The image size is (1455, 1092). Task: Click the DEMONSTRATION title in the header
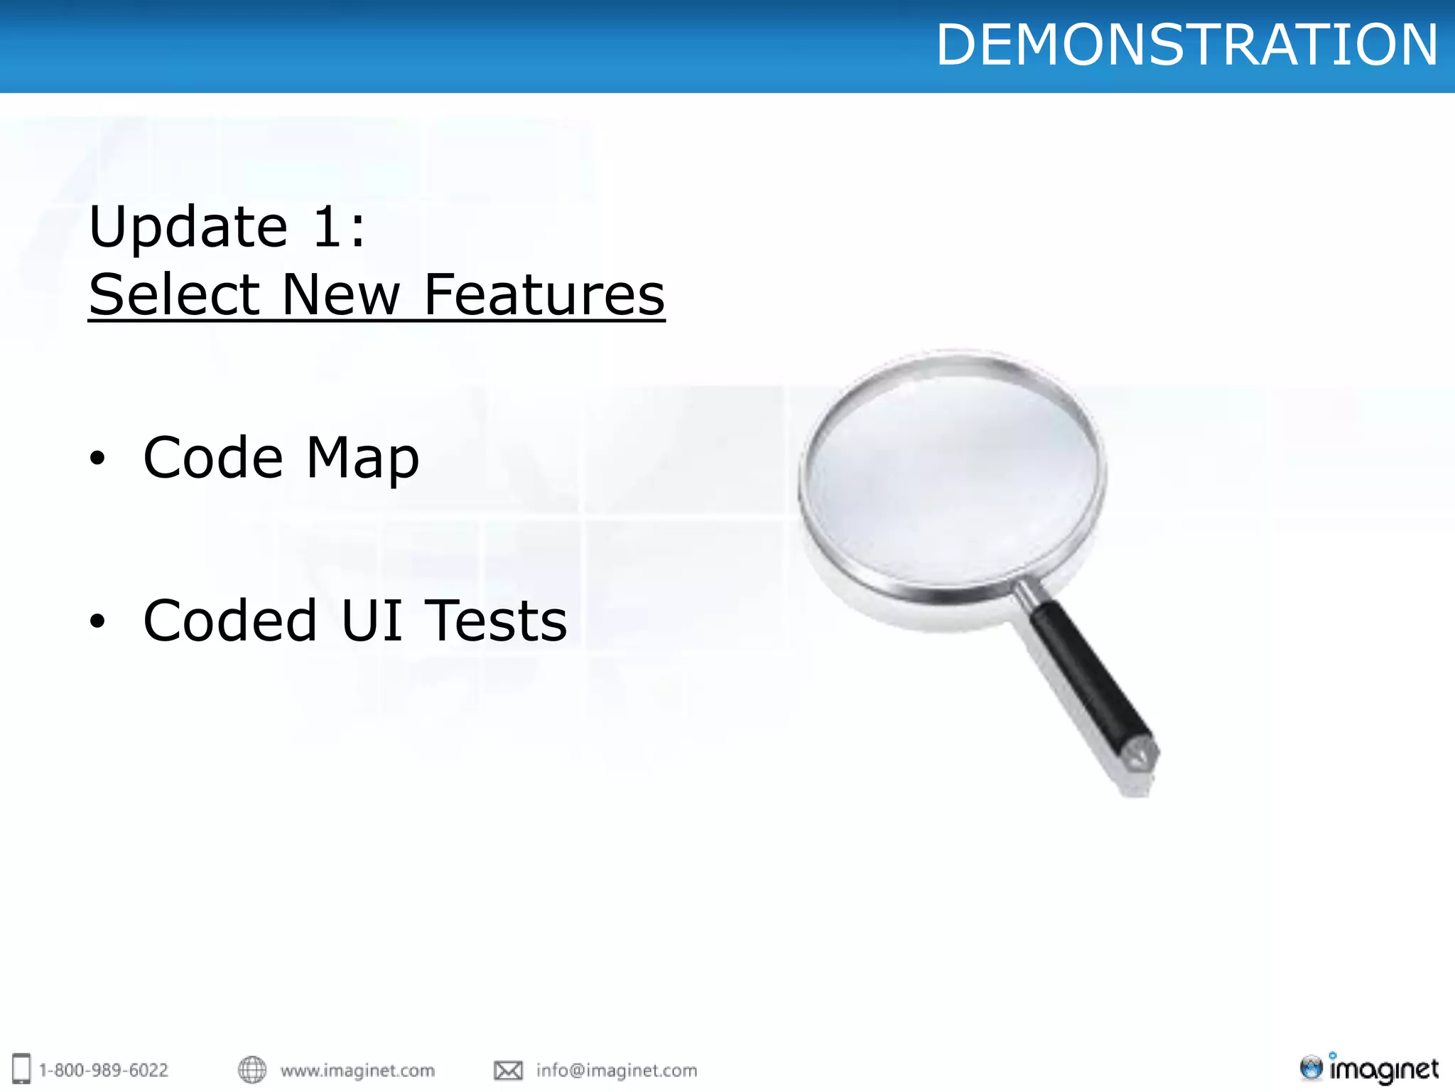[x=1186, y=45]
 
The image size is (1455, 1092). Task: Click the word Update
[x=188, y=227]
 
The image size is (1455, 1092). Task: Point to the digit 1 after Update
[x=329, y=227]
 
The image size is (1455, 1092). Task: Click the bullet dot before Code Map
[x=97, y=459]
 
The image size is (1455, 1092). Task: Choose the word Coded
[x=229, y=621]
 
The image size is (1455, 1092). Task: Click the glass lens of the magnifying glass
[x=952, y=473]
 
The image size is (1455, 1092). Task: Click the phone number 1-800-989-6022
[x=104, y=1070]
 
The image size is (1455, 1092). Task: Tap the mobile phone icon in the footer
[x=22, y=1069]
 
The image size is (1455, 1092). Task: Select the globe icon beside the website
[x=252, y=1069]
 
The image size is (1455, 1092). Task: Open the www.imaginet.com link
[x=357, y=1070]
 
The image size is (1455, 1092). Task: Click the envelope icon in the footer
[x=508, y=1070]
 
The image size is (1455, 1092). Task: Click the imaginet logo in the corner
[x=1369, y=1069]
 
